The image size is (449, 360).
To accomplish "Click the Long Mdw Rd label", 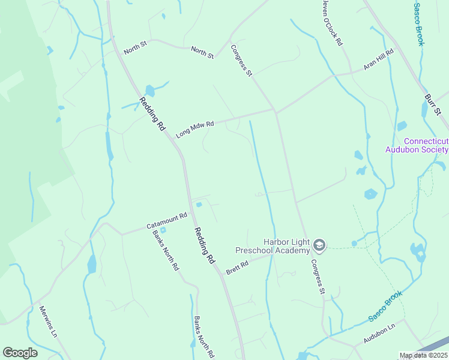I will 195,128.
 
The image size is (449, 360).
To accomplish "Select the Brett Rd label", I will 237,268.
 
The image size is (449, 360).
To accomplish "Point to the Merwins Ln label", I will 47,320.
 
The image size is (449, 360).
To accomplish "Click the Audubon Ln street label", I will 380,334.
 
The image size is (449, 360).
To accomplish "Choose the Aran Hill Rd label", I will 379,60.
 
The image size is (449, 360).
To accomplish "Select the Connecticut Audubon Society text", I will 417,145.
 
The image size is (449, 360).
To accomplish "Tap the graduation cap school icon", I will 320,244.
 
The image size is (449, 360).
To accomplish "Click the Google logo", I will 20,353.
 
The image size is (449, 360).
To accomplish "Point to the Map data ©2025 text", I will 423,355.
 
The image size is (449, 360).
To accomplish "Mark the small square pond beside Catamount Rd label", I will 163,230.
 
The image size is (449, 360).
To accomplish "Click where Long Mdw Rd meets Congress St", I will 275,110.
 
